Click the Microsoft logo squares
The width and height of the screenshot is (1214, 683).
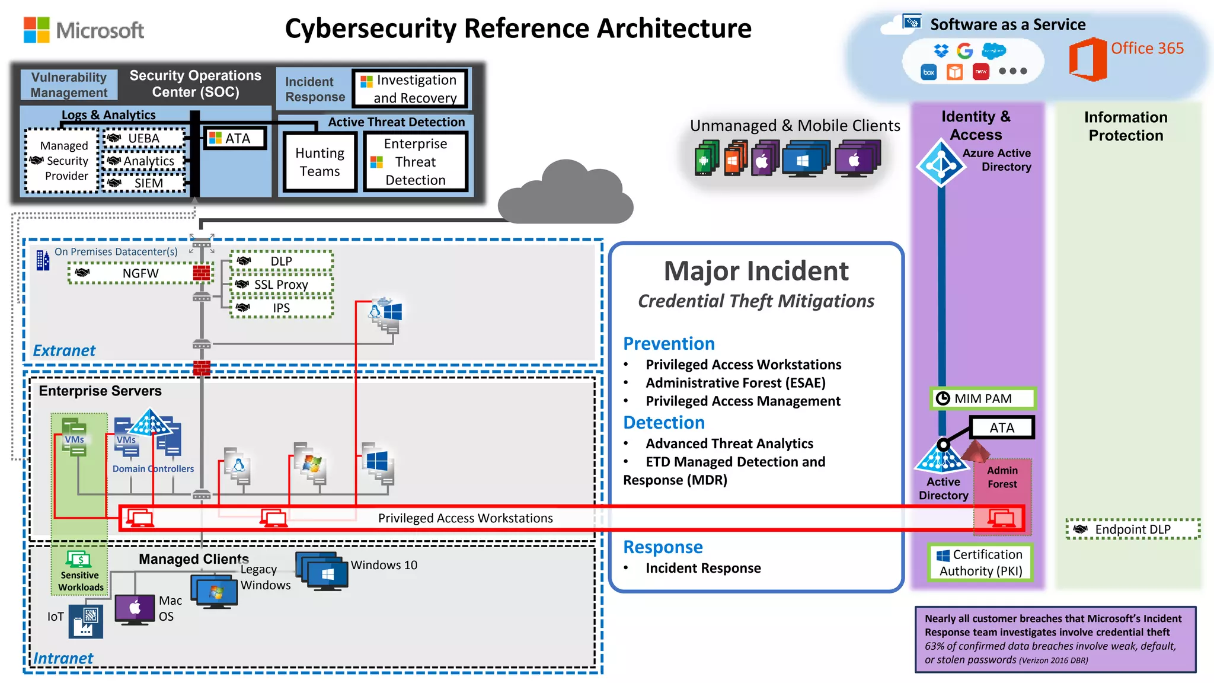pyautogui.click(x=36, y=30)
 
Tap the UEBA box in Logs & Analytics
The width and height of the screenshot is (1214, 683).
pyautogui.click(x=144, y=138)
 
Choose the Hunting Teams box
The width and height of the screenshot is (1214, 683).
pyautogui.click(x=320, y=162)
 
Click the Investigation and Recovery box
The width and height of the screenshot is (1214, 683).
pyautogui.click(x=410, y=89)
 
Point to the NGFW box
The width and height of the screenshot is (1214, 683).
pyautogui.click(x=140, y=273)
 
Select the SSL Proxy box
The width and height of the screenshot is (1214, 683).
pyautogui.click(x=281, y=285)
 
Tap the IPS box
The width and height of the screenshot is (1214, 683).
pyautogui.click(x=281, y=308)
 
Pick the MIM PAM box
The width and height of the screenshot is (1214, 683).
pyautogui.click(x=982, y=398)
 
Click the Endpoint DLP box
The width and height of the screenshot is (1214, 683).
pyautogui.click(x=1132, y=529)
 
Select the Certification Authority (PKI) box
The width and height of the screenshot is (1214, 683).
pyautogui.click(x=980, y=563)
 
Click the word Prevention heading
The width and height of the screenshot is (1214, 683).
pyautogui.click(x=669, y=344)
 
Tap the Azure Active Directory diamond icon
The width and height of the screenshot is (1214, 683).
pyautogui.click(x=941, y=163)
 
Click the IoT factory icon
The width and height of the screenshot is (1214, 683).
pyautogui.click(x=85, y=621)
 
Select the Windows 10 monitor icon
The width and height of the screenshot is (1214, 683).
pyautogui.click(x=324, y=572)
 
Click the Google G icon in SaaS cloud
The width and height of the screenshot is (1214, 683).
pyautogui.click(x=965, y=51)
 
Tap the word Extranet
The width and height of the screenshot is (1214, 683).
pyautogui.click(x=64, y=350)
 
